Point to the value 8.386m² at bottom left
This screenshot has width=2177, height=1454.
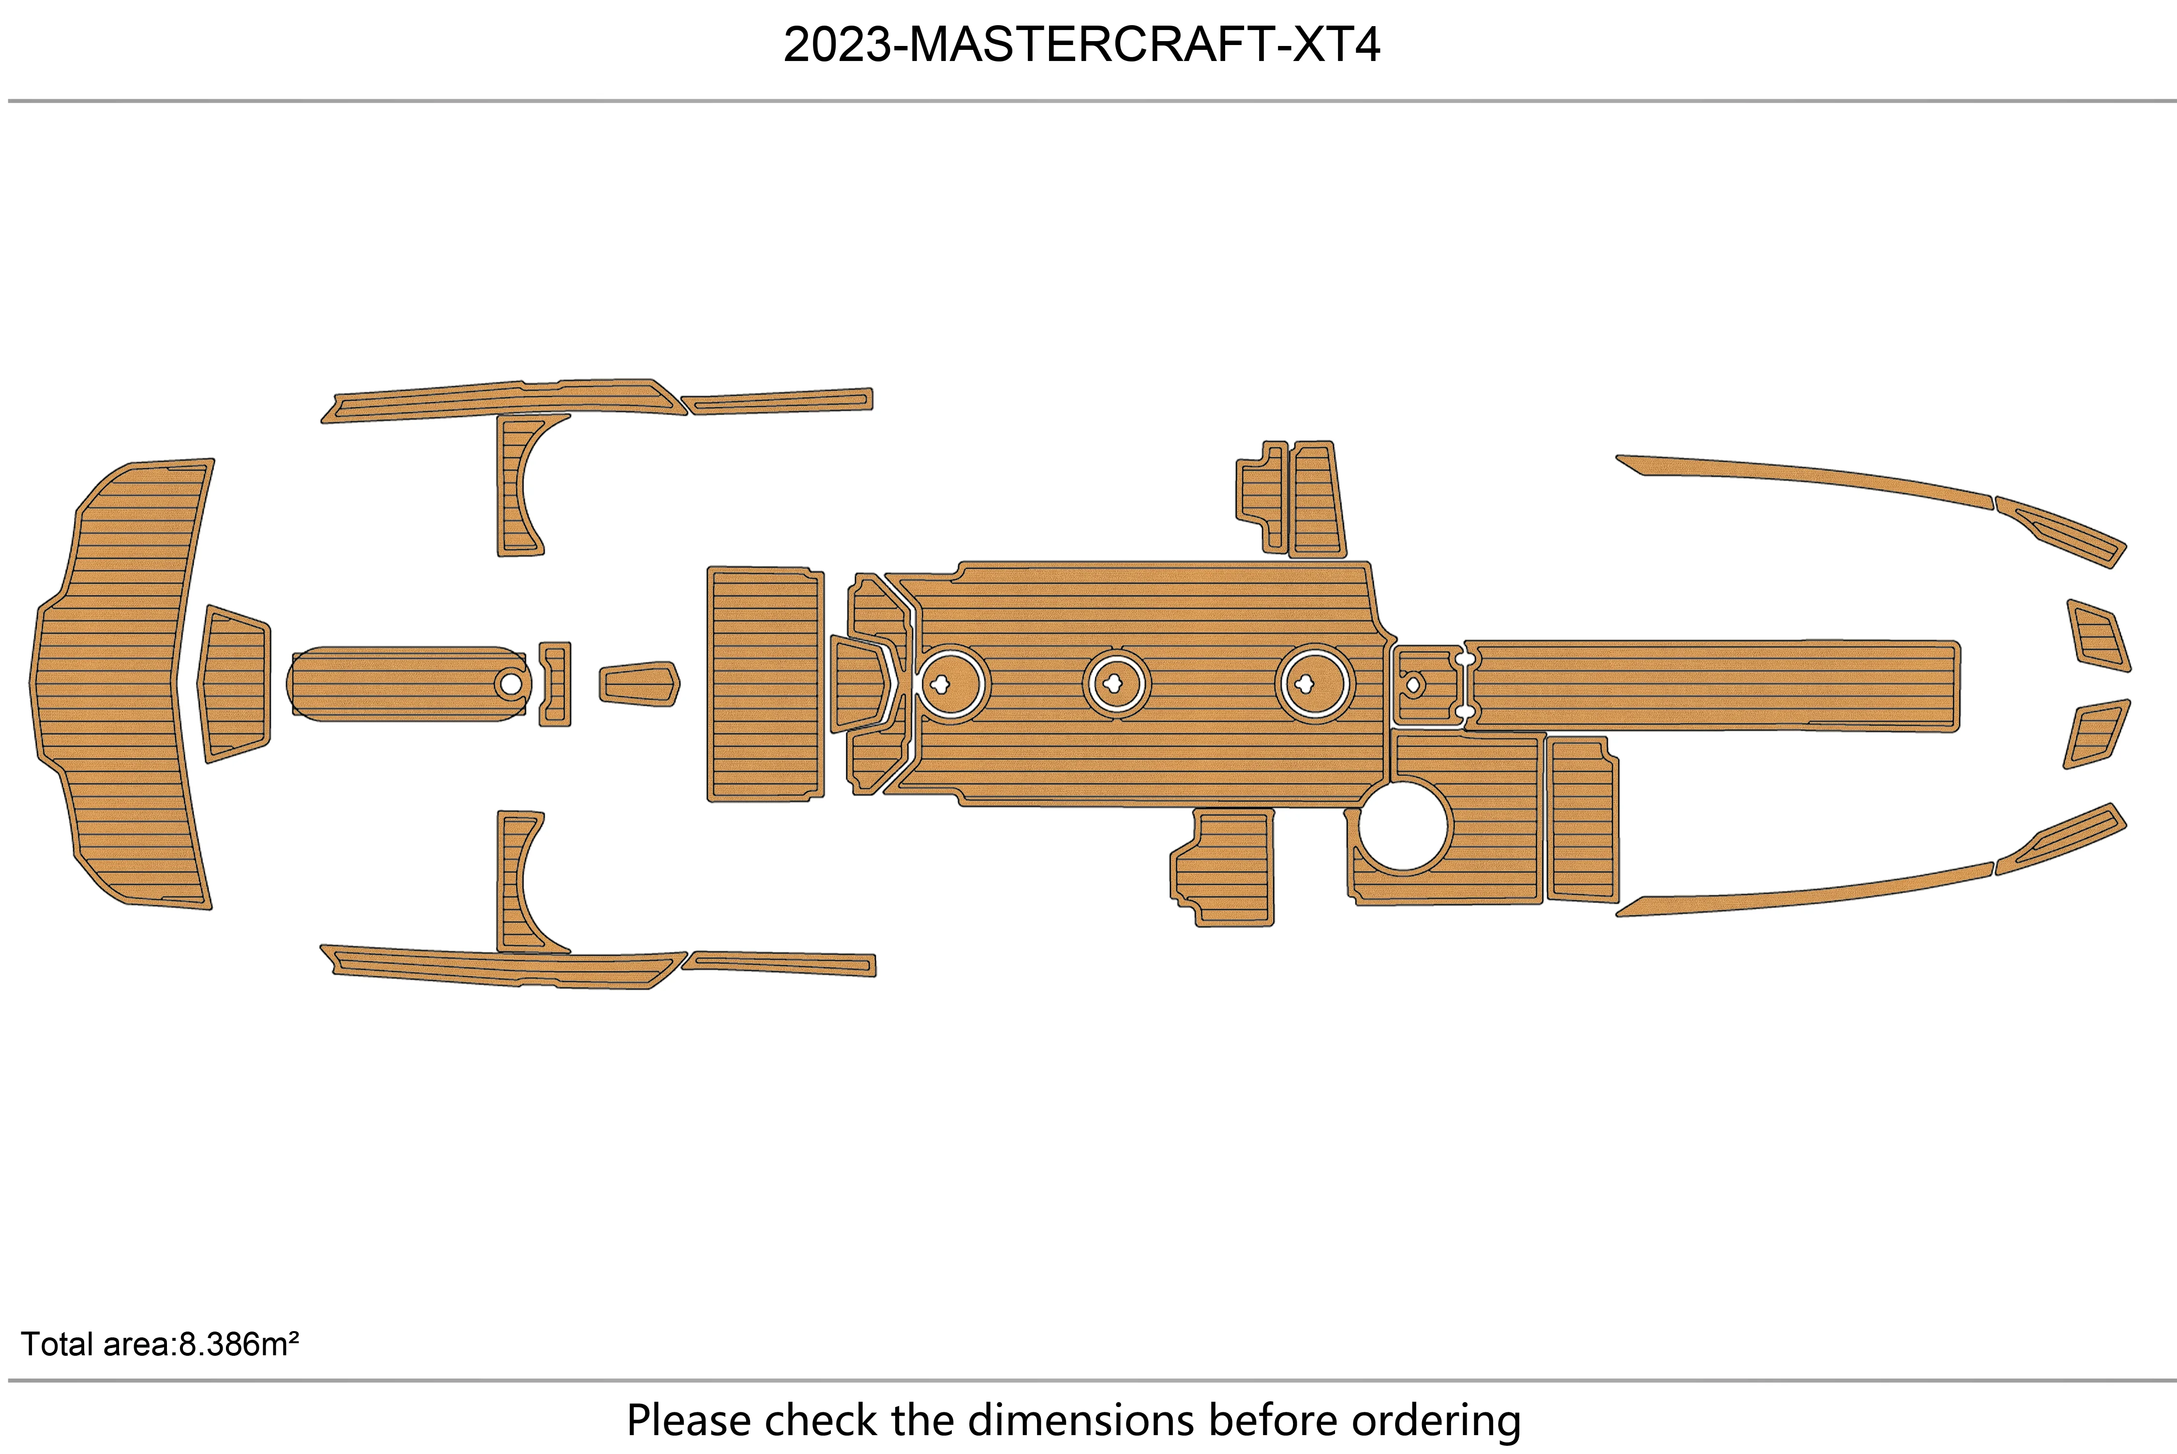pos(238,1344)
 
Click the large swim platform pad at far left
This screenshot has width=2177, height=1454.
pos(116,683)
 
